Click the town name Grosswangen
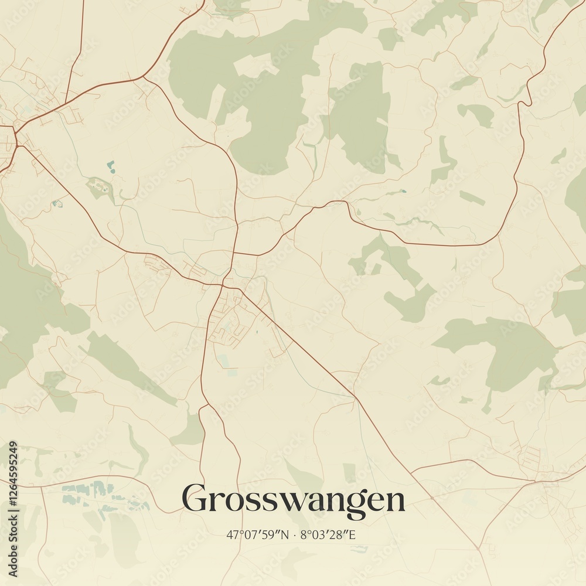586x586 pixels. coord(293,500)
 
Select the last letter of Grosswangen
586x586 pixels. coord(394,502)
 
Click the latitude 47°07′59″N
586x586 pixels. coord(258,535)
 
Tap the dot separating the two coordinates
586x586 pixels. coord(294,535)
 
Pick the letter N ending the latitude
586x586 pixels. coord(285,535)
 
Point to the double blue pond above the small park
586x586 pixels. coord(110,166)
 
